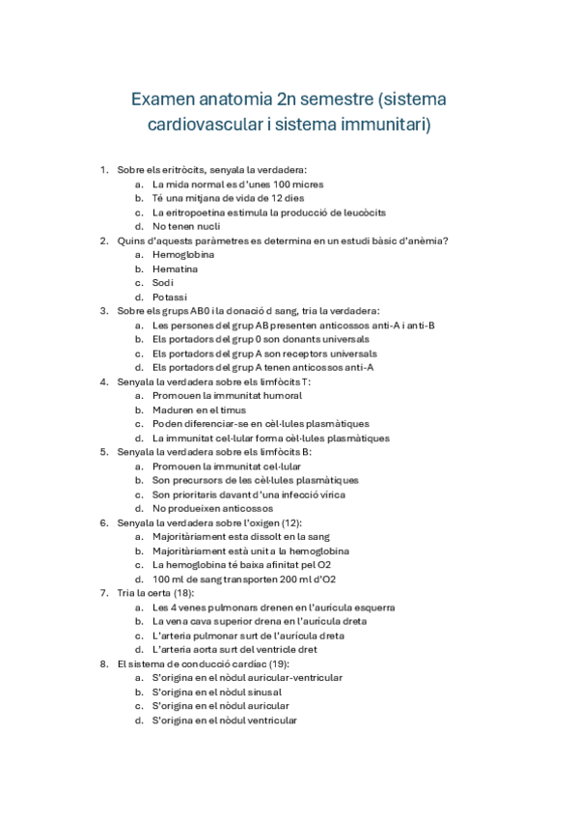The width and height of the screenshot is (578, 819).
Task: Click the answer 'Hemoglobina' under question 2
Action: [183, 255]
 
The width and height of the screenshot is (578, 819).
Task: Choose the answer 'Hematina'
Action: [175, 268]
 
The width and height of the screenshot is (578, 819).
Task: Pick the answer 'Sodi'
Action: [163, 283]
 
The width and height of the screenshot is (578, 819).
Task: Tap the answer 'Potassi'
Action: [170, 297]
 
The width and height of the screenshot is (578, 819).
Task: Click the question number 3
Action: [103, 311]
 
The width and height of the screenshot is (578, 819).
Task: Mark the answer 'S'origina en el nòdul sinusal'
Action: [217, 692]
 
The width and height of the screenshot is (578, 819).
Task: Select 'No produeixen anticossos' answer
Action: [212, 508]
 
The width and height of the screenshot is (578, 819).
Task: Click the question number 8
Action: [103, 664]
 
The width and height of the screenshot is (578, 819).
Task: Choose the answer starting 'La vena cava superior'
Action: [260, 621]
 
